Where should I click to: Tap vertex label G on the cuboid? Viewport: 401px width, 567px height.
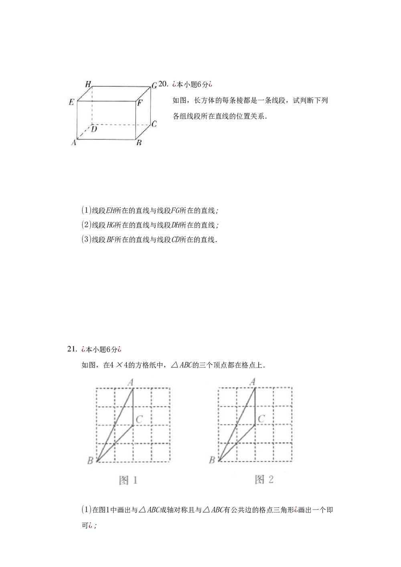coord(154,85)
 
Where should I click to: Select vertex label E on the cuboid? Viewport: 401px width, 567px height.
coord(71,102)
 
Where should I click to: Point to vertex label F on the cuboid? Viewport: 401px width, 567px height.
coord(140,103)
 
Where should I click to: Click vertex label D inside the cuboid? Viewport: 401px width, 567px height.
coord(94,129)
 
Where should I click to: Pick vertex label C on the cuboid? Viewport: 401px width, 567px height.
coord(154,124)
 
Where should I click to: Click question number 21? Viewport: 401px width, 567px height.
coord(72,349)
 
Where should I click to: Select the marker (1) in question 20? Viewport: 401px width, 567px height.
coord(87,210)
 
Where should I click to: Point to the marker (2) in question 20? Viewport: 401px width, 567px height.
coord(87,225)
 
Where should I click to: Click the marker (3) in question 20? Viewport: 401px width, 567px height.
coord(87,240)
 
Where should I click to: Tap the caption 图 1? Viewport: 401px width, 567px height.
coord(128,480)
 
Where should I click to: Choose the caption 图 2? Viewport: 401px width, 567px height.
coord(264,479)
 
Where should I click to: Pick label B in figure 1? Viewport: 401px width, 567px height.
coord(90,461)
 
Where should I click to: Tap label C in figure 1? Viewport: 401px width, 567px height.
coord(139,420)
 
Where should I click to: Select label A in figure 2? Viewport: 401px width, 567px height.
coord(252,382)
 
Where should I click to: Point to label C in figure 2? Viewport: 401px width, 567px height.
coord(261,419)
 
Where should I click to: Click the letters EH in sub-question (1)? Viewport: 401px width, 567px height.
coord(110,210)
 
